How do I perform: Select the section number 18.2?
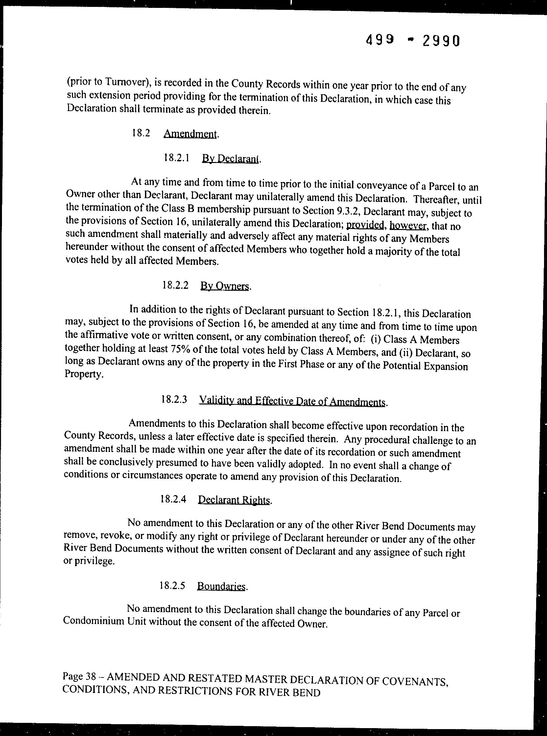click(x=141, y=133)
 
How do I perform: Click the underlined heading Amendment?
click(x=191, y=134)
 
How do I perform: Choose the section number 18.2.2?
click(x=176, y=285)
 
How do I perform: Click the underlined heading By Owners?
click(x=225, y=286)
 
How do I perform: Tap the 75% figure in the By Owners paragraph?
click(x=180, y=349)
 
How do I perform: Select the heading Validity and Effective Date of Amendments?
click(x=292, y=401)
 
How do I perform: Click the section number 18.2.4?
click(x=173, y=499)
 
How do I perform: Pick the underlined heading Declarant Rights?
click(x=234, y=500)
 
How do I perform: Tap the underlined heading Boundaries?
click(x=222, y=586)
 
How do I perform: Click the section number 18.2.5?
click(x=172, y=586)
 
